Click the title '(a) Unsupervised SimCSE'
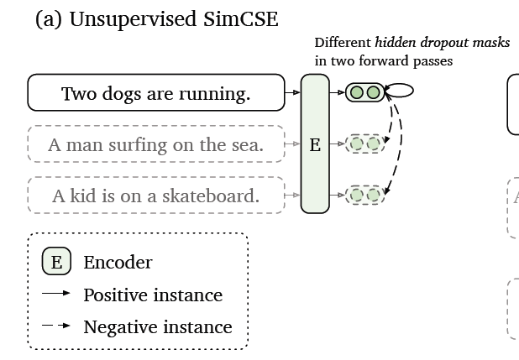(x=156, y=18)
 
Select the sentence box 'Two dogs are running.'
(x=155, y=93)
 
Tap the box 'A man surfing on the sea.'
(x=155, y=145)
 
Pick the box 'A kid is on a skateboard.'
(x=155, y=196)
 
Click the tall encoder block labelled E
(x=315, y=144)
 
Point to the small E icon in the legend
(x=56, y=262)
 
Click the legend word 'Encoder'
(x=118, y=262)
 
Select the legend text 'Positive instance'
(x=153, y=295)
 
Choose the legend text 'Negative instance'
(x=157, y=326)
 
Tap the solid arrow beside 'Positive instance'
(x=56, y=295)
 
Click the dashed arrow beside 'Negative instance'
(x=56, y=326)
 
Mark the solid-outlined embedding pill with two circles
(x=364, y=92)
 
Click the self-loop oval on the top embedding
(x=400, y=91)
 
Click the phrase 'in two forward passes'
(x=384, y=60)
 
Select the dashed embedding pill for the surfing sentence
(x=364, y=143)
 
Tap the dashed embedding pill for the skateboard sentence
(x=364, y=196)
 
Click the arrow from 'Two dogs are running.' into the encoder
(x=291, y=92)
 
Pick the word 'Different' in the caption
(x=343, y=43)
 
